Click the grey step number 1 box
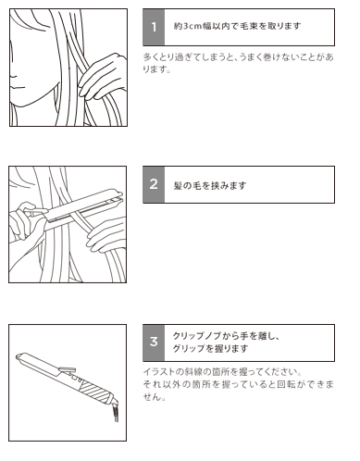coord(154,27)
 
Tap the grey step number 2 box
coord(154,184)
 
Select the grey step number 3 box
coord(154,343)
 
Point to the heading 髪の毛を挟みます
coord(210,185)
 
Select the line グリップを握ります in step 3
coord(210,348)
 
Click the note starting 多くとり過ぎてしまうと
coord(238,63)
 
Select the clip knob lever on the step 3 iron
coord(67,369)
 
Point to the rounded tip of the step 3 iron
coord(19,357)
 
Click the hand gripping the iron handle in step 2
coord(25,220)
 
